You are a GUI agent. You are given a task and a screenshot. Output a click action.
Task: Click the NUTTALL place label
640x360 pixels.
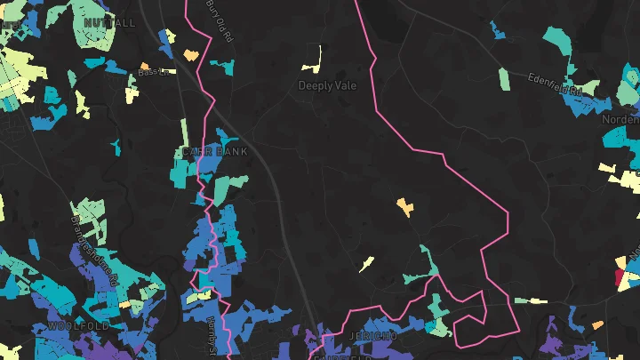pos(109,22)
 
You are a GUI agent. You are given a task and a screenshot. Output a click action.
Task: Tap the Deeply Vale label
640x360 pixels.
pos(327,86)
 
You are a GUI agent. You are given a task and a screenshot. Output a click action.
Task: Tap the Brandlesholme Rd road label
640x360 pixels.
pos(94,245)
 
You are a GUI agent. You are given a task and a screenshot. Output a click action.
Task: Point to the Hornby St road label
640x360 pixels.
pos(211,336)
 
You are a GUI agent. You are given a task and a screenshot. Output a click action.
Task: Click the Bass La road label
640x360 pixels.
pos(153,72)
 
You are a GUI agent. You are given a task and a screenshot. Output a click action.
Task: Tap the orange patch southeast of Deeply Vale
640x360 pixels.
pos(405,207)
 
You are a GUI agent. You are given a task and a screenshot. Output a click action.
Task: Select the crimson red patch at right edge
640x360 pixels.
pos(621,276)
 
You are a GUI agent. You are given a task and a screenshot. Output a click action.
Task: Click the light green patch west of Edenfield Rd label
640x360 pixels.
pos(504,78)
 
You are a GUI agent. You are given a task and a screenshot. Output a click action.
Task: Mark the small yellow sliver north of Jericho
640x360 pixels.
pos(365,264)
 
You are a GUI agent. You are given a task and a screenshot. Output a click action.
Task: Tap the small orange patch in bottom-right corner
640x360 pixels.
pos(598,324)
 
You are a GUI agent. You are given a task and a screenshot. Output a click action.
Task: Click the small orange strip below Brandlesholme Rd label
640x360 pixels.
pos(124,304)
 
